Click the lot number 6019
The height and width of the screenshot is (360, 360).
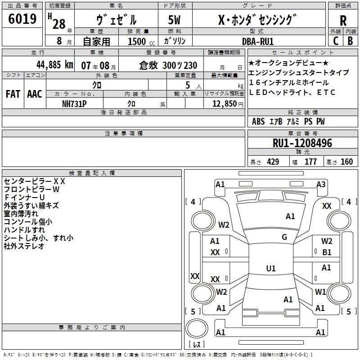22,19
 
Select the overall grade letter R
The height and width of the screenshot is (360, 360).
343,21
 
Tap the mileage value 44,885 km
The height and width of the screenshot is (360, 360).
55,65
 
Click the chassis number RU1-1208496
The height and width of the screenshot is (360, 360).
302,143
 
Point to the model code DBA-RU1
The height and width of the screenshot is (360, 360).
258,41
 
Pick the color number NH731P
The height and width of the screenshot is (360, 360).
74,104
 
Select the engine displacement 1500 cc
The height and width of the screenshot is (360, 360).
141,41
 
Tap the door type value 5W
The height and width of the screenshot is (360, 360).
174,20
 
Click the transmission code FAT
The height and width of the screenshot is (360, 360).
13,94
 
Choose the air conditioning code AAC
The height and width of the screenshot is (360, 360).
35,94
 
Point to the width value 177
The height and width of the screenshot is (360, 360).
310,162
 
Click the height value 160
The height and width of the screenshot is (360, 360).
346,162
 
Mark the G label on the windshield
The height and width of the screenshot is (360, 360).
284,237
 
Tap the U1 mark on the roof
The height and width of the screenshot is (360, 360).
271,268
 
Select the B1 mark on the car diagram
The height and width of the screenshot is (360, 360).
327,252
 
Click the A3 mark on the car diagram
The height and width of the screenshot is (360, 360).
321,184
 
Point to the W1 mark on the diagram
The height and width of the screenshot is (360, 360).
320,292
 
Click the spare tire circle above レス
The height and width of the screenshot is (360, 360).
197,328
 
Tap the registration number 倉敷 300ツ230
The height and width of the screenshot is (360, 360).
168,65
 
